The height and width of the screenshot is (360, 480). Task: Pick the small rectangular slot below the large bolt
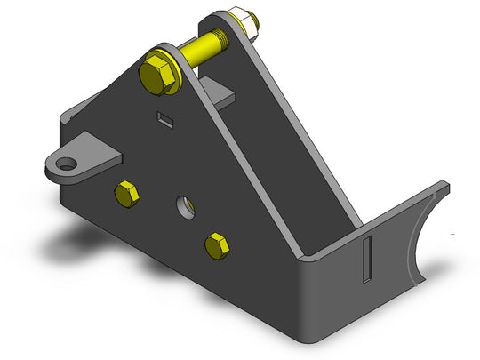[164, 118]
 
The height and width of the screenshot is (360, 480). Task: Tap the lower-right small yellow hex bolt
[216, 244]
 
